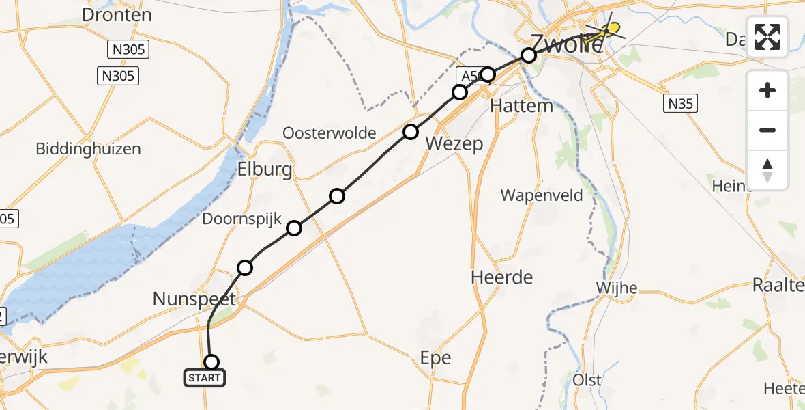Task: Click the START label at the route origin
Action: click(204, 378)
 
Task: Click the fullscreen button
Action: click(767, 37)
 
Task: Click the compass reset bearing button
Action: click(767, 170)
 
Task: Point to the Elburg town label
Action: click(265, 169)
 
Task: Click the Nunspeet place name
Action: click(194, 299)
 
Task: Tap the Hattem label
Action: click(522, 106)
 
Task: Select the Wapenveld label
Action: click(542, 195)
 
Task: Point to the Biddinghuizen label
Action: click(89, 149)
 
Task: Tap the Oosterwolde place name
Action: click(330, 133)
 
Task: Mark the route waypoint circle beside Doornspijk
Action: click(294, 228)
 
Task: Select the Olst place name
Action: click(587, 379)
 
